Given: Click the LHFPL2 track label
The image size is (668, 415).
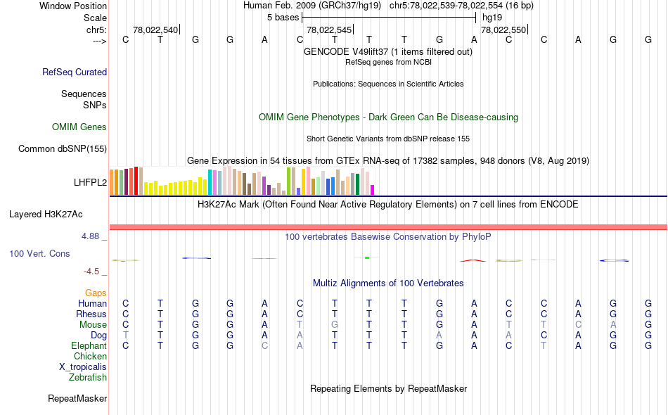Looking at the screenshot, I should tap(90, 182).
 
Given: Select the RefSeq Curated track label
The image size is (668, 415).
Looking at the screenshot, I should tap(75, 72).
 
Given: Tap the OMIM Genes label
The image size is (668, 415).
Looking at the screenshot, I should tap(79, 127).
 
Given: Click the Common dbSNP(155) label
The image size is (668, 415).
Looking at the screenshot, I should tap(63, 148).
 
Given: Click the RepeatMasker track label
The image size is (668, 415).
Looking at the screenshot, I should tap(77, 399).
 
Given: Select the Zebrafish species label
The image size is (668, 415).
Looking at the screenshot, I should tap(88, 378).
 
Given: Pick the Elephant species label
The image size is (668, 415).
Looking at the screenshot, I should tap(89, 346).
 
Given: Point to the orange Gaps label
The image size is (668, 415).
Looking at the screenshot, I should tap(96, 293).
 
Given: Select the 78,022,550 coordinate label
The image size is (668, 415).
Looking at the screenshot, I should tap(503, 30).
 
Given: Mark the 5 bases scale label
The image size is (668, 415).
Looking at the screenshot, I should tap(283, 17).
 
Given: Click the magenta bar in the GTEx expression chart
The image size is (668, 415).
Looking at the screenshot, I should tap(373, 189).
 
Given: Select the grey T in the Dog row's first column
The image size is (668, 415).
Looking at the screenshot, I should tap(126, 336).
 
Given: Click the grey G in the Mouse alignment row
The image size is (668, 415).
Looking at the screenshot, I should tap(335, 325).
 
